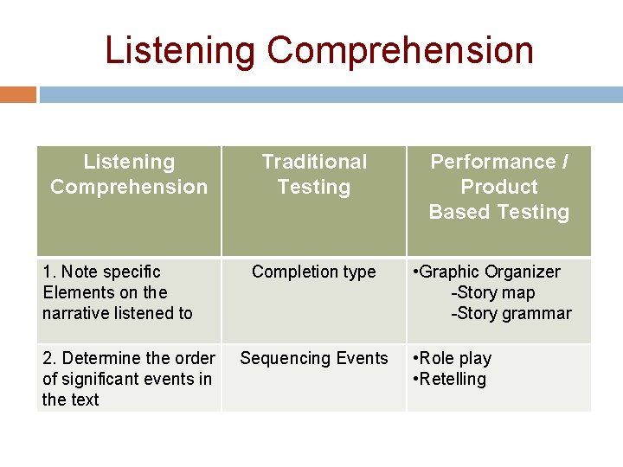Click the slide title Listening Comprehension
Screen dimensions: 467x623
click(318, 50)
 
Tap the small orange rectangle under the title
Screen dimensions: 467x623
click(18, 94)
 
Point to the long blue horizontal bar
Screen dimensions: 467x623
click(331, 94)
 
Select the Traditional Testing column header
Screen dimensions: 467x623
click(314, 174)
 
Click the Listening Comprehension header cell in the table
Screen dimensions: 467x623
click(129, 174)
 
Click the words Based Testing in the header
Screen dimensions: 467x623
click(499, 212)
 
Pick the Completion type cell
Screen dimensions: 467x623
click(314, 272)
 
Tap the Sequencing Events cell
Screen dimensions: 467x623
click(314, 358)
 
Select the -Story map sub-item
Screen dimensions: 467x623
click(492, 292)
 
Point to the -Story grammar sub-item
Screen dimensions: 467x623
click(511, 313)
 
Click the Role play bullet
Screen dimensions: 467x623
click(455, 358)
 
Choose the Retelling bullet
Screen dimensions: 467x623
click(453, 379)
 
